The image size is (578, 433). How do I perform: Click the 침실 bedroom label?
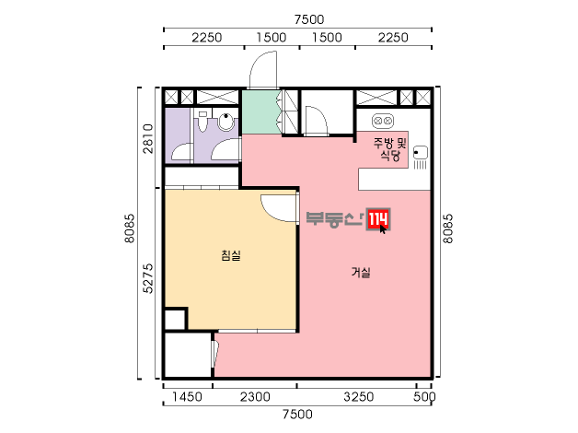231,255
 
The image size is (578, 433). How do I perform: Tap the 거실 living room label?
361,273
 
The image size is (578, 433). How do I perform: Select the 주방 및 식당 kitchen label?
390,148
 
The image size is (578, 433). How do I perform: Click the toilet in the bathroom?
202,121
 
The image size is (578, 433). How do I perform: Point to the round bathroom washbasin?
226,122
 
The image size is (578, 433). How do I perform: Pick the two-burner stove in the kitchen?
382,121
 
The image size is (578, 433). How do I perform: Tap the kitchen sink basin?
420,152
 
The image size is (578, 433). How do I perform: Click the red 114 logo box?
378,219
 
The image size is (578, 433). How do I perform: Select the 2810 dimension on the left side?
148,138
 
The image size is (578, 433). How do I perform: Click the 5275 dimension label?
148,278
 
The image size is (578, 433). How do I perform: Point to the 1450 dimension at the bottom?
187,397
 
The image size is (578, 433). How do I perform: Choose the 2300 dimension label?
255,397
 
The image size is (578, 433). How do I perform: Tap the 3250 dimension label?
359,397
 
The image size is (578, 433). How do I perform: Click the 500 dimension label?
424,397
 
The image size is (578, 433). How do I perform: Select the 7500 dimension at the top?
309,19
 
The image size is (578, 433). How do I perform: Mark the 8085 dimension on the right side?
447,228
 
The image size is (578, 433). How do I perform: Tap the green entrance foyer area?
260,111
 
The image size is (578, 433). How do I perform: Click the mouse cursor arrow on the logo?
383,228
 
